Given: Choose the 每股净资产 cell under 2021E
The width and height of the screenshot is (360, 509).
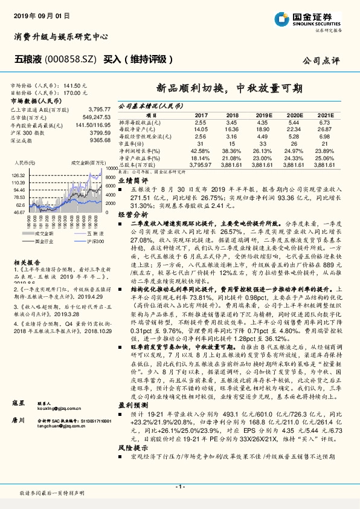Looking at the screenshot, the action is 326,129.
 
